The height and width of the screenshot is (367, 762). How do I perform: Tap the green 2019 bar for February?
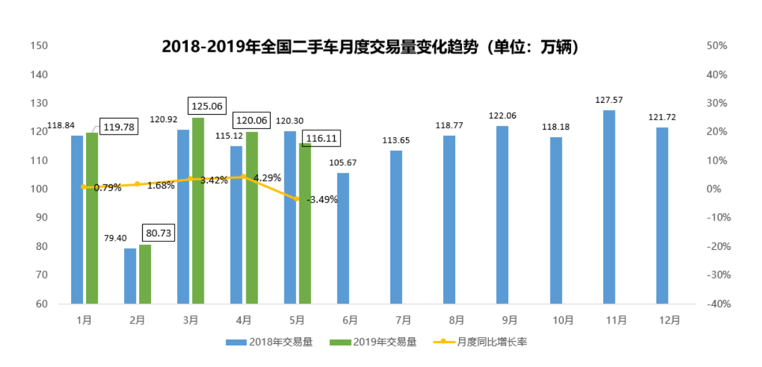[145, 274]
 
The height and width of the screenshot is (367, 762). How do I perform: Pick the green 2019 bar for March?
[198, 211]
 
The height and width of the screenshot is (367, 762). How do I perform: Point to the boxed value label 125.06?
[208, 106]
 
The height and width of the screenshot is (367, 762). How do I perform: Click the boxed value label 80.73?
[158, 233]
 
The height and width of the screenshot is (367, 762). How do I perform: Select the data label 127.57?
[609, 100]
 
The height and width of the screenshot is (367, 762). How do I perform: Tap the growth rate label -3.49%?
[322, 200]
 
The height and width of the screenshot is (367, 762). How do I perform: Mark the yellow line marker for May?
[297, 199]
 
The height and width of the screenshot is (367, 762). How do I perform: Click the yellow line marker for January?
[83, 186]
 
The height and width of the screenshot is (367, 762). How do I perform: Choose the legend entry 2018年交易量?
[269, 341]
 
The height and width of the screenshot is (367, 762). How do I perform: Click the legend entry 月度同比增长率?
[480, 341]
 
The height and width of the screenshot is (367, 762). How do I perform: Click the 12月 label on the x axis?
[669, 320]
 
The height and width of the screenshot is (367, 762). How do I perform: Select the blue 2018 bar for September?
[503, 215]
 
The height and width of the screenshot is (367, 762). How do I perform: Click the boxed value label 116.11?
[321, 138]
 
